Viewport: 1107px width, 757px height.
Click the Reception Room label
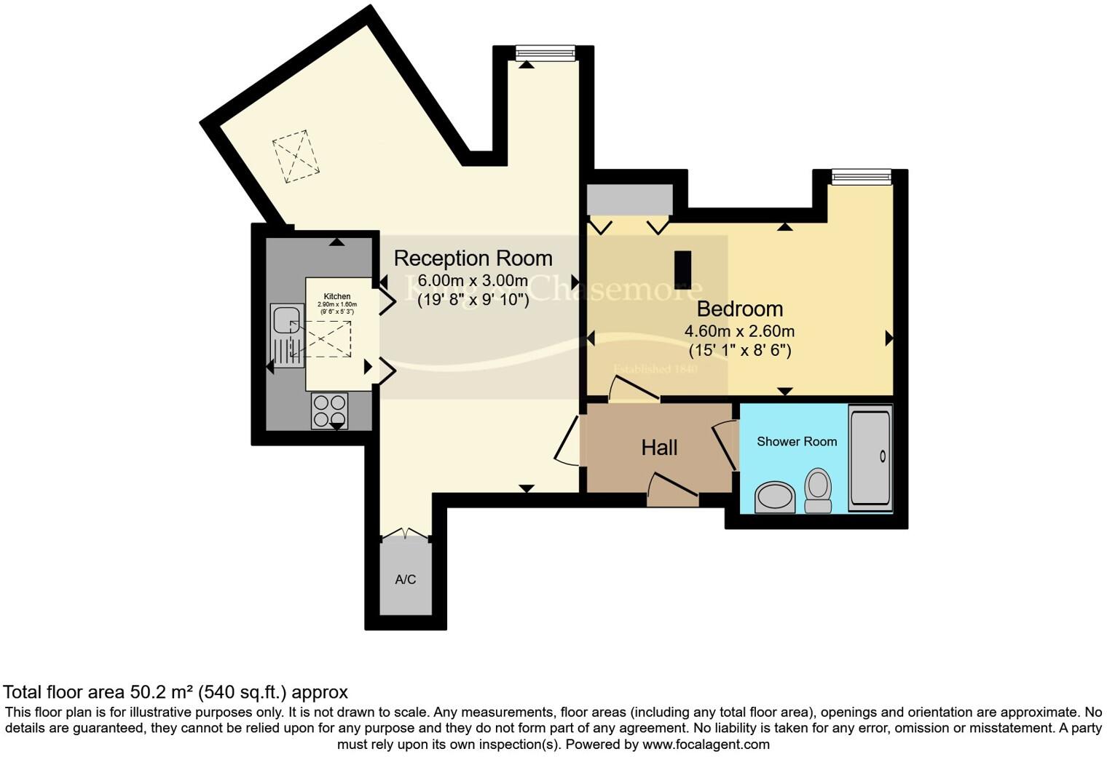[x=473, y=258]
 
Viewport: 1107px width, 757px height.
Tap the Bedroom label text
[x=739, y=309]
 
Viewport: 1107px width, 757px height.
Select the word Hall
[x=659, y=448]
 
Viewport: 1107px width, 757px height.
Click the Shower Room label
[x=796, y=442]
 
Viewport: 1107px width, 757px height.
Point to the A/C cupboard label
[x=406, y=579]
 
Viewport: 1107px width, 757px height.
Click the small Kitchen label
[x=337, y=297]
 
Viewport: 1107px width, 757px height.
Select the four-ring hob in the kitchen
[x=329, y=410]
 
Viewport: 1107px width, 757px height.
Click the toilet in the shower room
[x=819, y=490]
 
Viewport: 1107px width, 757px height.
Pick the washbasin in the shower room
[x=775, y=497]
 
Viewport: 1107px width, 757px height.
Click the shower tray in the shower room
[x=870, y=458]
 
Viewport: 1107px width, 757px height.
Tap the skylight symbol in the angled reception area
[x=296, y=156]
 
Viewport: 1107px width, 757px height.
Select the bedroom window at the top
[x=862, y=176]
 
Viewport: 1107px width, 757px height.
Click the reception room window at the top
[x=545, y=52]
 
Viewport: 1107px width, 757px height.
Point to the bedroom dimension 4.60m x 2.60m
[x=739, y=331]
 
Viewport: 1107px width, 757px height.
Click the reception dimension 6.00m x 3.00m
[x=473, y=281]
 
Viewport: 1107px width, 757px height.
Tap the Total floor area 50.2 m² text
[x=175, y=691]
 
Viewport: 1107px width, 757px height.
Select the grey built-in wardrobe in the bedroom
[x=630, y=200]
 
